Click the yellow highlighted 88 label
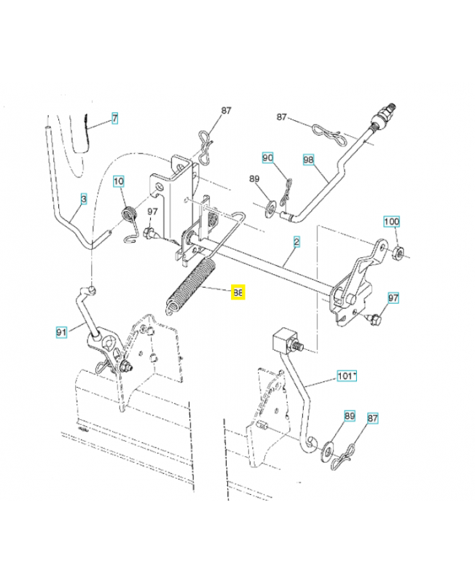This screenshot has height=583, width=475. point(238,293)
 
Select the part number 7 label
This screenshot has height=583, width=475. point(114,117)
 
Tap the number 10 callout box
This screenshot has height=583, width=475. point(119,181)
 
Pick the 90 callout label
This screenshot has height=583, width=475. point(268,157)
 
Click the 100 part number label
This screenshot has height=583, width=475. point(391,221)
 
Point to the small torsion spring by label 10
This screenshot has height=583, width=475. point(129,216)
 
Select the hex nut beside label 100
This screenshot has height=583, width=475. point(399,253)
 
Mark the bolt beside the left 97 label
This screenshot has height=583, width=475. point(151,234)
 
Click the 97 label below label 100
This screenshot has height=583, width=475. point(393,297)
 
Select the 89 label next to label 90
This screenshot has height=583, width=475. point(254,179)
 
